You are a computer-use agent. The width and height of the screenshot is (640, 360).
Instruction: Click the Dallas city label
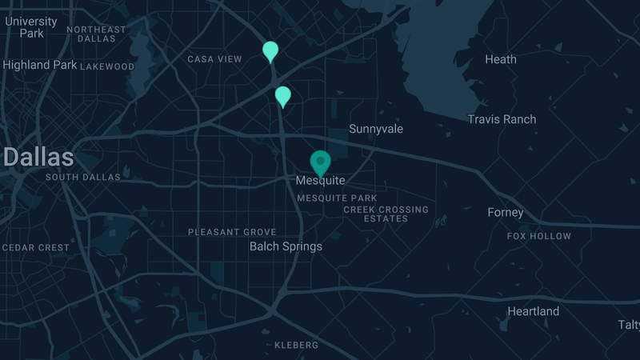coord(38,156)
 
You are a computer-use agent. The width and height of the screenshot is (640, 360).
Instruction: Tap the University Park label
coord(31,27)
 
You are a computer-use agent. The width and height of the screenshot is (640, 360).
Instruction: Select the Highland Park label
coord(40,65)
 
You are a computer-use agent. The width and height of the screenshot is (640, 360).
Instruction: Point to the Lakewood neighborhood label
coord(107,66)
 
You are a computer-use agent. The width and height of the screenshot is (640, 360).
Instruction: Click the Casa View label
coord(214,59)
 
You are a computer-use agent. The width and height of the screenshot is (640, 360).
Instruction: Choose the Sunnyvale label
coord(376,129)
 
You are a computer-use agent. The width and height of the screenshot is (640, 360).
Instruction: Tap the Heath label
coord(501,59)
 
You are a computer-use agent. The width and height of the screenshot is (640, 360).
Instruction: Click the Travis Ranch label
coord(502,119)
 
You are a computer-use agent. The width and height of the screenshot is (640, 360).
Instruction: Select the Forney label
coord(506,213)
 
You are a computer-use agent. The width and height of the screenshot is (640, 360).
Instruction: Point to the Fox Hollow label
coord(539,236)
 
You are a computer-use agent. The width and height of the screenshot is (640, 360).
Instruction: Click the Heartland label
coord(534,311)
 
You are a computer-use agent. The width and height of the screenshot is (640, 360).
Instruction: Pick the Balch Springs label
coord(286,246)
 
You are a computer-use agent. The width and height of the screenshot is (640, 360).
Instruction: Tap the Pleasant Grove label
coord(232,232)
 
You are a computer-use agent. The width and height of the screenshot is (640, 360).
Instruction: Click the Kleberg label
coord(296,346)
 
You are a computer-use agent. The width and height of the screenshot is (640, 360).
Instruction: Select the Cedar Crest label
coord(36,248)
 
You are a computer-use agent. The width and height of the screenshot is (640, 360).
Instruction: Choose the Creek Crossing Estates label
coord(386,214)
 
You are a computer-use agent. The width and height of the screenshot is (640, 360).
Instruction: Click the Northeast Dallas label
coord(97,34)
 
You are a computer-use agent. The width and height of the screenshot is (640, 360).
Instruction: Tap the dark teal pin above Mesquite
coord(321,162)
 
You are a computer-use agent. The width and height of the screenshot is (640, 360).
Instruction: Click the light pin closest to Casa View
coord(270,51)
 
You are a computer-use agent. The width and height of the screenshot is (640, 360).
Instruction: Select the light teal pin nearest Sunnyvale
coord(282,96)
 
